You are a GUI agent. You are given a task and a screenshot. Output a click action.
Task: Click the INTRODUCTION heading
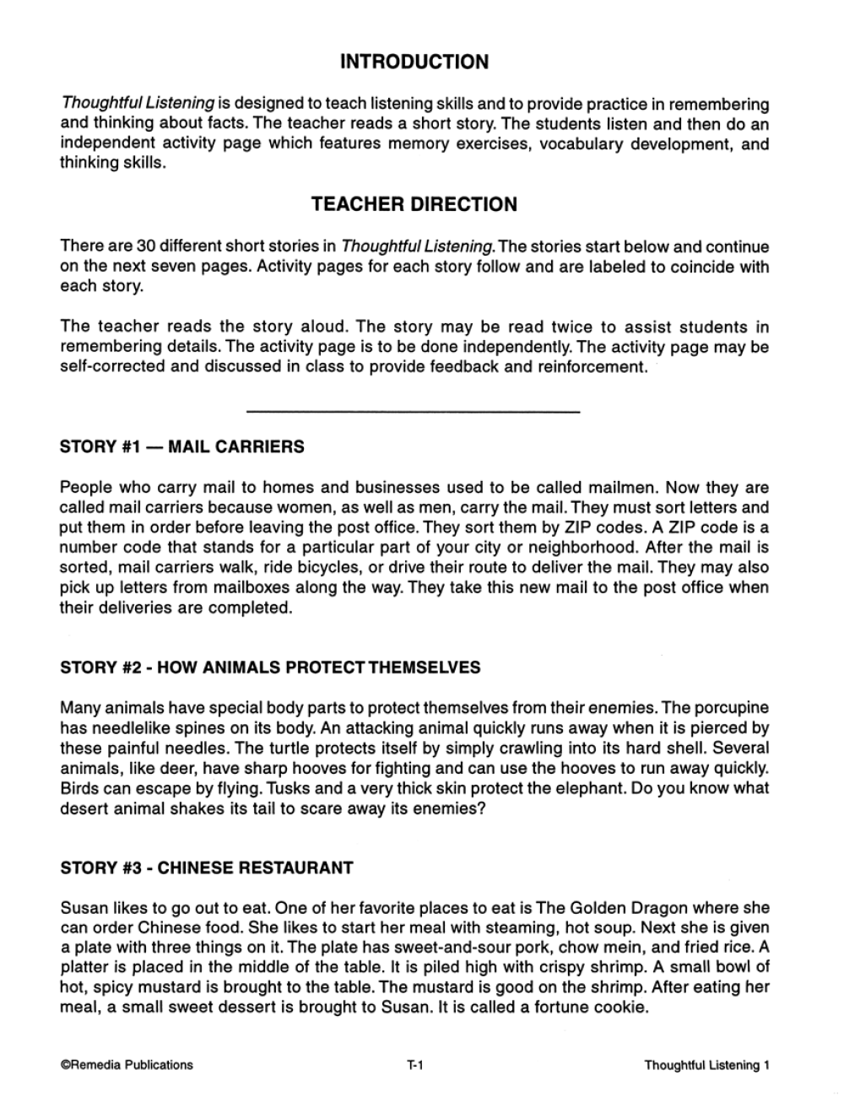[x=414, y=62]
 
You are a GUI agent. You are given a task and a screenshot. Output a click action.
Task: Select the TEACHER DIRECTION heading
[x=414, y=204]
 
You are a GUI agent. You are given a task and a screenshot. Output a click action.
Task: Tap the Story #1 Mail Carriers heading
[x=182, y=446]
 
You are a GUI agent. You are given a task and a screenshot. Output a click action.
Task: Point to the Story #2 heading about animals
[x=270, y=667]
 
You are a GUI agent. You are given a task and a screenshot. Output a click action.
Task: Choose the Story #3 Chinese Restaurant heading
[x=207, y=867]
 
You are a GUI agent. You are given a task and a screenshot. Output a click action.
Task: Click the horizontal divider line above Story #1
[x=413, y=411]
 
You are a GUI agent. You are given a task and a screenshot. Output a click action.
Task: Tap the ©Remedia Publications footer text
[x=127, y=1065]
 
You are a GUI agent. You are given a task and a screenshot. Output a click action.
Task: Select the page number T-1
[x=414, y=1065]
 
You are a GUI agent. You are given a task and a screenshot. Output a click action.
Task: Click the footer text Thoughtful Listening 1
[x=706, y=1065]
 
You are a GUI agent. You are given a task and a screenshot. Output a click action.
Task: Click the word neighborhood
[x=555, y=547]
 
